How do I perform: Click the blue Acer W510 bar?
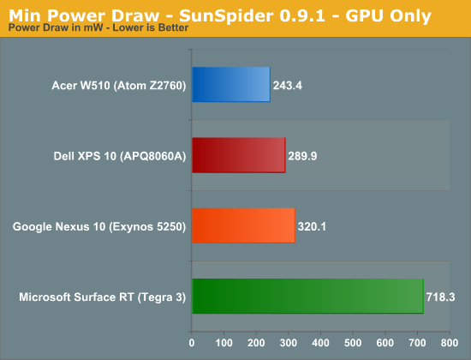tap(231, 85)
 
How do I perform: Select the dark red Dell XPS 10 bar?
tap(239, 155)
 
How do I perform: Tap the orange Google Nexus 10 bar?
tap(243, 225)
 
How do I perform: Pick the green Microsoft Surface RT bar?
tap(308, 297)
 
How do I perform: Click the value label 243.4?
tap(288, 86)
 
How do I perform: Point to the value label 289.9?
tap(302, 156)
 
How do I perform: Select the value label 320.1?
tap(312, 226)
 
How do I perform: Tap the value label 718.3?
tap(441, 297)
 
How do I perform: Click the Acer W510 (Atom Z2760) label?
tap(119, 86)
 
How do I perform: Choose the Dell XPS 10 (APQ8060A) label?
tap(120, 156)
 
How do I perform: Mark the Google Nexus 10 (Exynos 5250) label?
tap(99, 226)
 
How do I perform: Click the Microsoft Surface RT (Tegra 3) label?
tap(103, 297)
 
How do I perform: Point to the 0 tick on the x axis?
tap(192, 343)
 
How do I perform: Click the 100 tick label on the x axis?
tap(224, 343)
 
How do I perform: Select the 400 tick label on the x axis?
tap(320, 343)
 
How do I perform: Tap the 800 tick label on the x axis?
tap(450, 343)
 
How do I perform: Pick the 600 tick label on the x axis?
tap(385, 343)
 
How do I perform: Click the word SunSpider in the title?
tap(226, 15)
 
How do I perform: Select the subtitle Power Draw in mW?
tap(56, 27)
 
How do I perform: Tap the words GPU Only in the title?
tap(388, 15)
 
